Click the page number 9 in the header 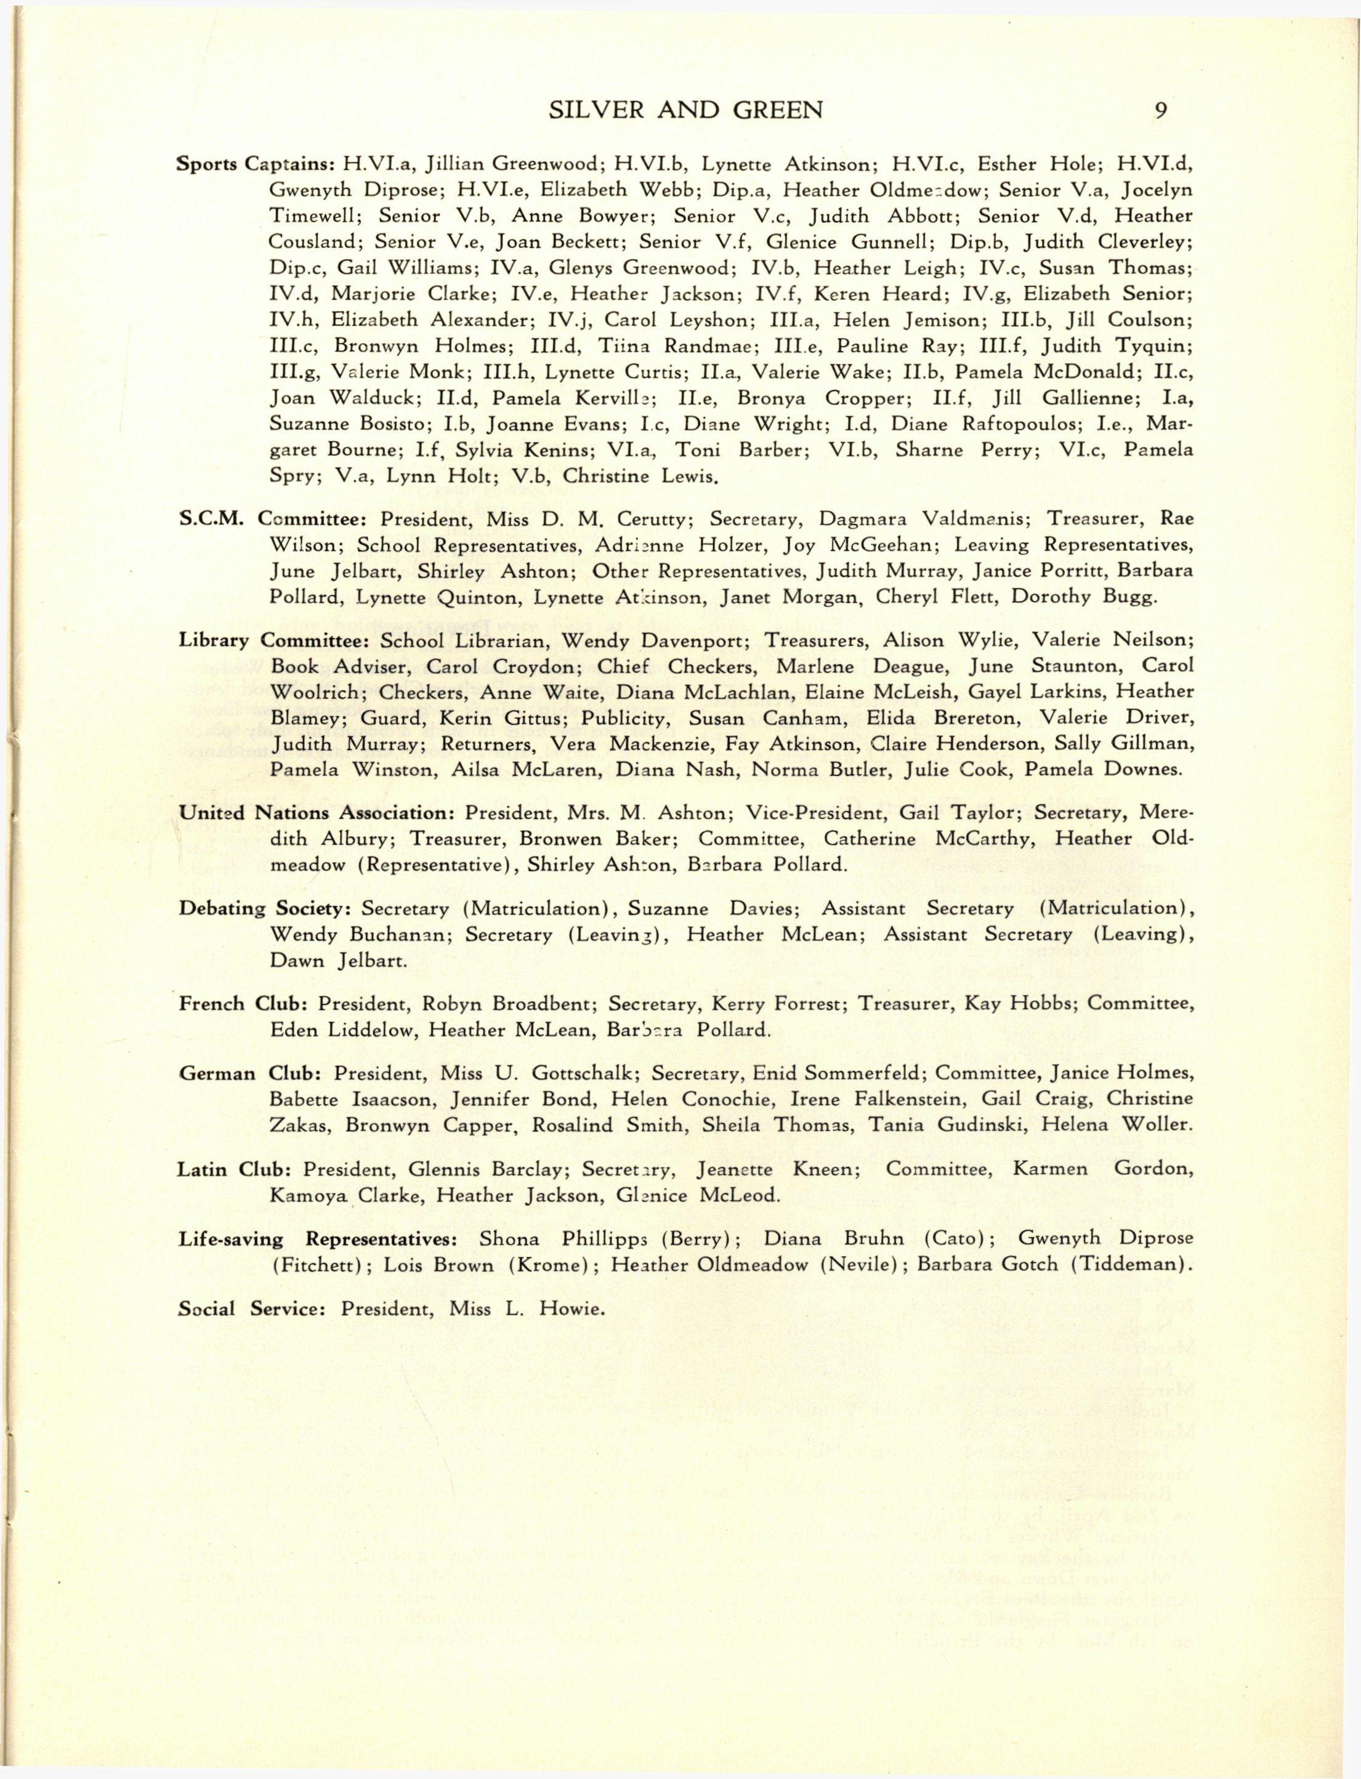pos(1160,110)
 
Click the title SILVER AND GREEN pos(685,110)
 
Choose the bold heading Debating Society pos(264,908)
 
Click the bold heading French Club pos(242,1004)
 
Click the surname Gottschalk pos(582,1073)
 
